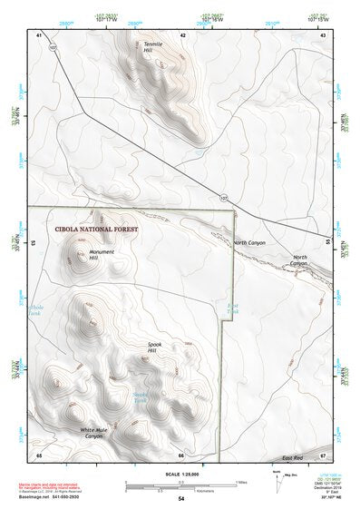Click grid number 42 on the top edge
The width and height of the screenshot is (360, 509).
pyautogui.click(x=182, y=35)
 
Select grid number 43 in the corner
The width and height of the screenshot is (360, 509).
pyautogui.click(x=323, y=35)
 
